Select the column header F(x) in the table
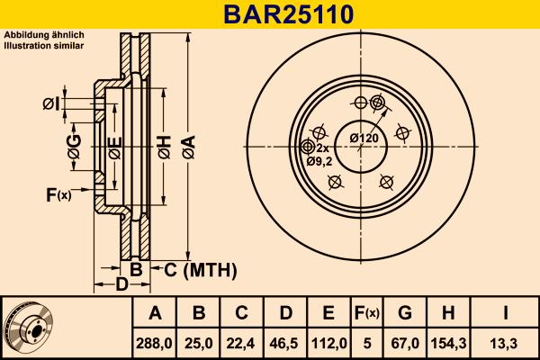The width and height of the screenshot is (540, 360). (367, 313)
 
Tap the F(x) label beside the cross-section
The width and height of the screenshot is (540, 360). (58, 194)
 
